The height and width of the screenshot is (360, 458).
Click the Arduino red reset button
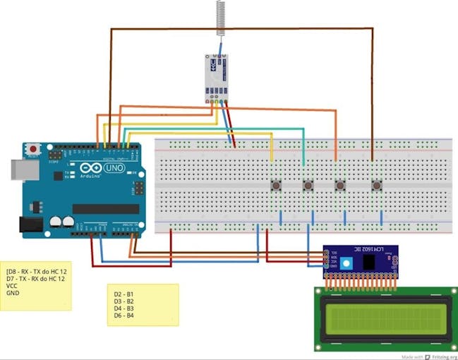point(32,150)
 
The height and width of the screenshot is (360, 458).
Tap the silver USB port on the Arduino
point(16,169)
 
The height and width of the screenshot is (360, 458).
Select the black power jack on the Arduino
point(29,224)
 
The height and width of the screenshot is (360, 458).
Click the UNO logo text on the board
point(113,169)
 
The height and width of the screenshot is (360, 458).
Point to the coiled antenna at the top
point(220,18)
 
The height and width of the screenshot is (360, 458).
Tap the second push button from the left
point(308,186)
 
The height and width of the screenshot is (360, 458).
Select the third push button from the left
point(340,186)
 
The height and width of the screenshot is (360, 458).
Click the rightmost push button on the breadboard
point(376,186)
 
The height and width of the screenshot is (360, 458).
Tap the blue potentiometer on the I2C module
point(345,263)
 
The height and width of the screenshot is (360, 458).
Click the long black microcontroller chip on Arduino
point(106,209)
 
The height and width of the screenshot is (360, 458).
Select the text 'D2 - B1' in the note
point(124,292)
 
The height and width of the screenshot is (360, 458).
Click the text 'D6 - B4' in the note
point(124,316)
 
